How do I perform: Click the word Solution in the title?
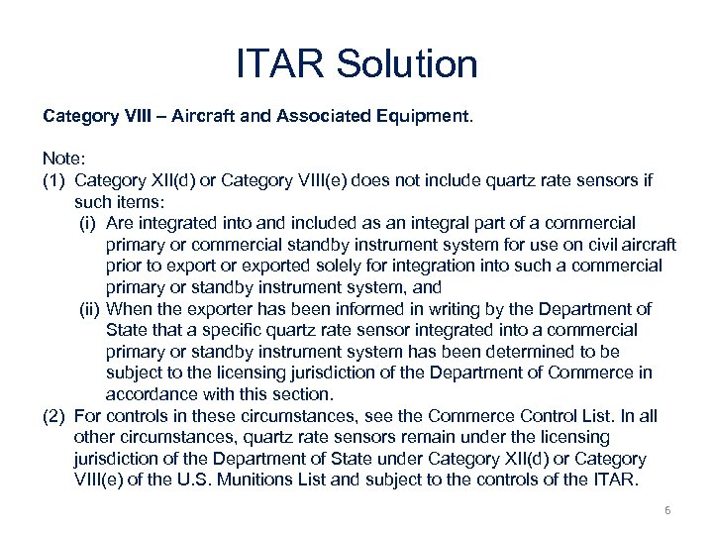click(x=407, y=65)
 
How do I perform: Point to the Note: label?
click(x=62, y=159)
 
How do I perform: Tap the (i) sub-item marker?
click(x=89, y=223)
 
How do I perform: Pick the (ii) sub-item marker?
click(x=90, y=309)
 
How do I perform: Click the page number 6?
click(x=667, y=509)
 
